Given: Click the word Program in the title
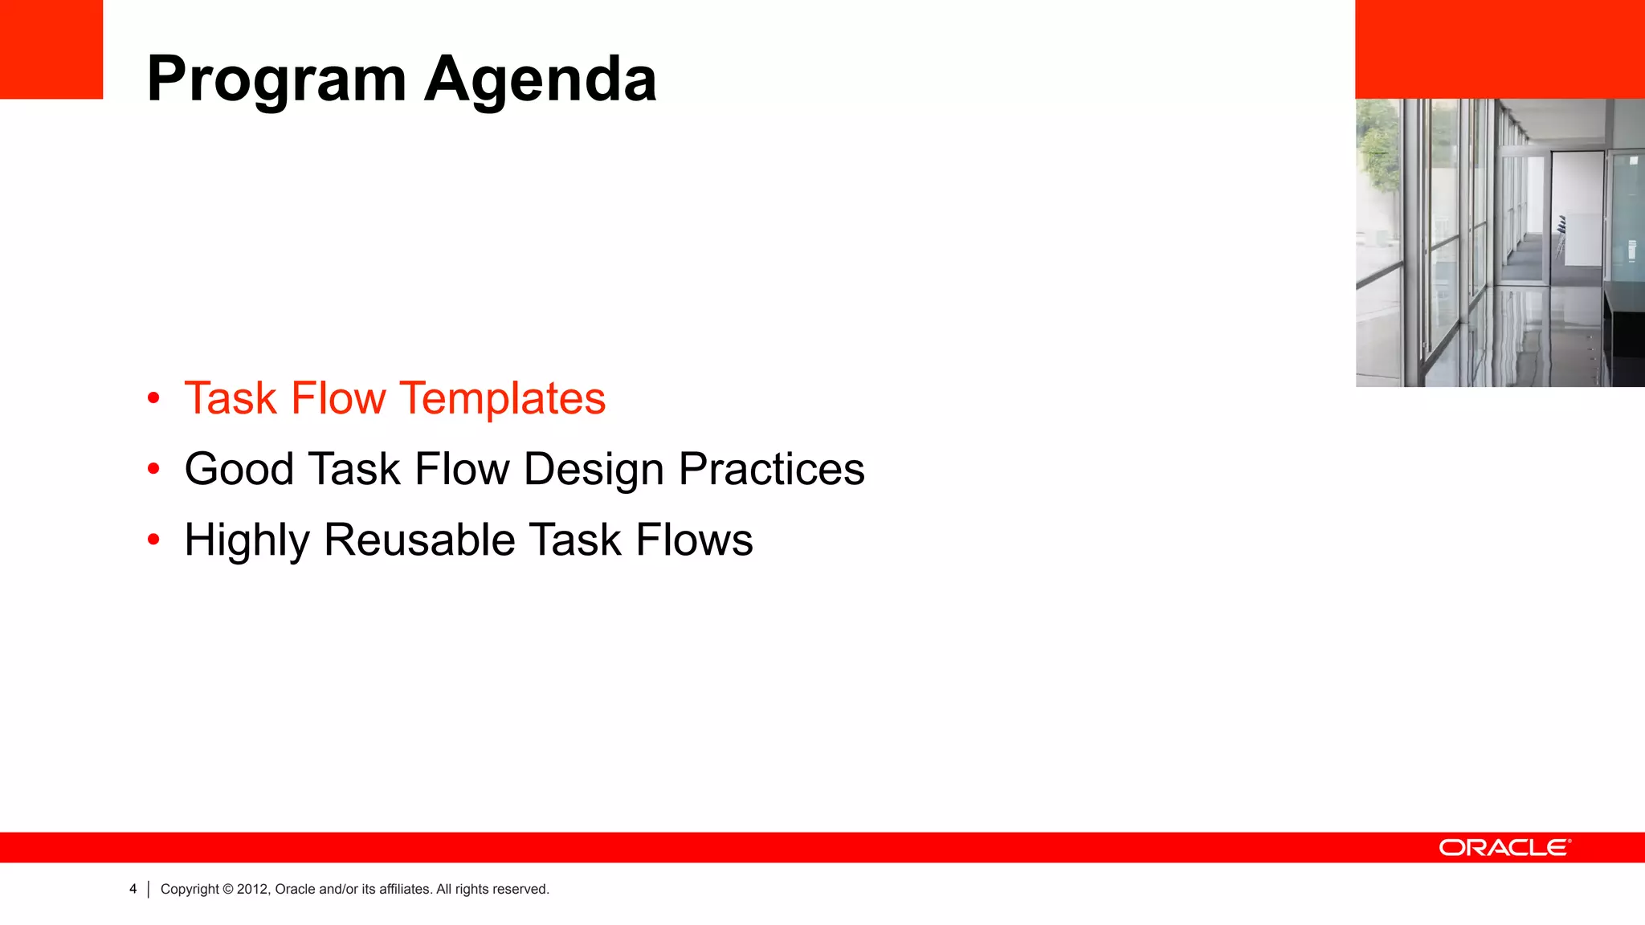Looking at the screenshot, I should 276,80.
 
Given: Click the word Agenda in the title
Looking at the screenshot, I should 540,80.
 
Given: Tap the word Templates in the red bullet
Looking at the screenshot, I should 503,398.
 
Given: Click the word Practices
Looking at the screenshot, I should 771,469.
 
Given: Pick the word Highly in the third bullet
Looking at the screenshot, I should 247,540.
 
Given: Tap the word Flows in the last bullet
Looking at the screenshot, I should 694,540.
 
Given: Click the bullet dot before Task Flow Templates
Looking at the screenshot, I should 153,398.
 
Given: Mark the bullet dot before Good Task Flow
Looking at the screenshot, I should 153,469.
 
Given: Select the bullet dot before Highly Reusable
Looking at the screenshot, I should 153,540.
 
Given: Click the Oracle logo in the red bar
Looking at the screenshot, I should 1504,848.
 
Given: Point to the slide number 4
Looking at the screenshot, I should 133,889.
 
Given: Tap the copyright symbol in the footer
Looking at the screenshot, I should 228,889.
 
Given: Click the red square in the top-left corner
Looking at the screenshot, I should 51,49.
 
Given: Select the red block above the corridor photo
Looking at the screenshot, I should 1500,49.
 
